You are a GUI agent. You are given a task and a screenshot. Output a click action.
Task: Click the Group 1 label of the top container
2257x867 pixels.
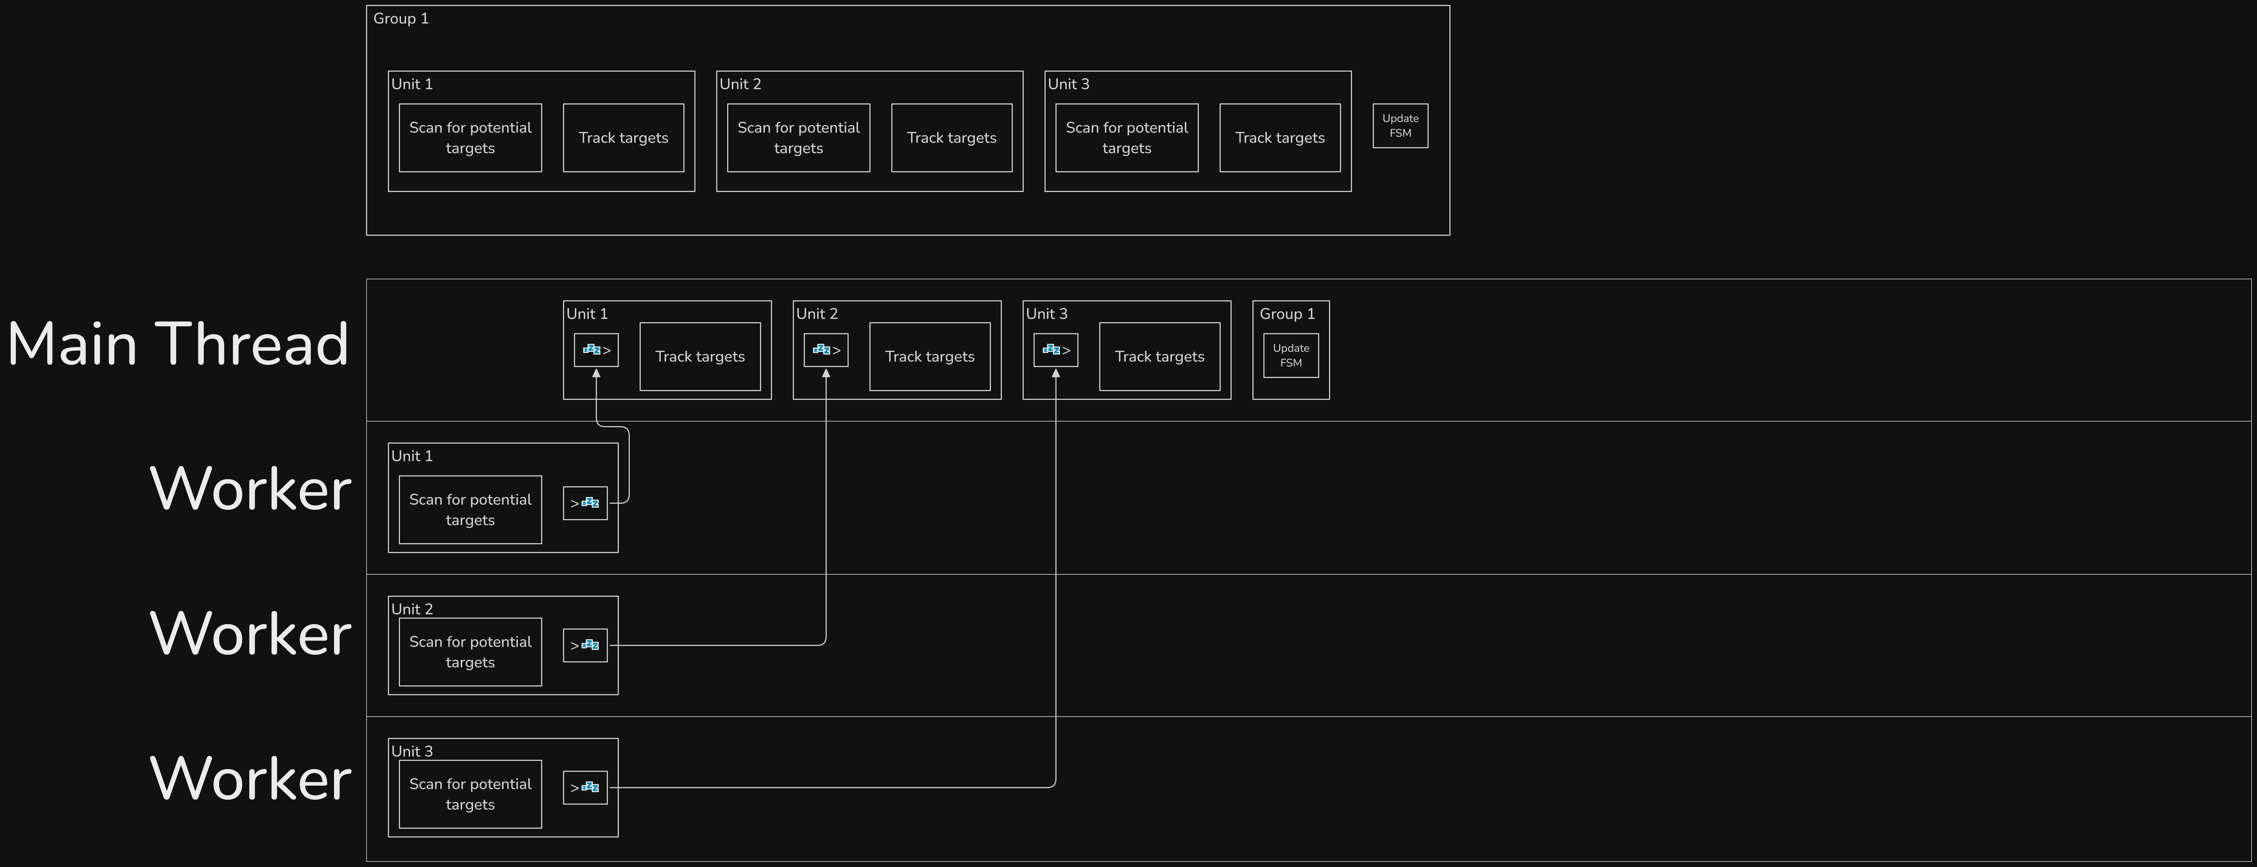[401, 18]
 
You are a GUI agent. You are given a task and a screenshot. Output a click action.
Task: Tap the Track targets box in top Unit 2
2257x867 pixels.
[951, 138]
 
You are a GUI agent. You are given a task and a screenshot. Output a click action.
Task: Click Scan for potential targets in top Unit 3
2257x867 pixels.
[1127, 138]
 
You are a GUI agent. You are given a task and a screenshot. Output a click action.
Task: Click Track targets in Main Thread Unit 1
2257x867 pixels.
[700, 356]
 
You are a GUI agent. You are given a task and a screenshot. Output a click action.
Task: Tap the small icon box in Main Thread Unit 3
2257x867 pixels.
[1056, 350]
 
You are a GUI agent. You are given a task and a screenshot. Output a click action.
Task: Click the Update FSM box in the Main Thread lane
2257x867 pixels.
[1290, 356]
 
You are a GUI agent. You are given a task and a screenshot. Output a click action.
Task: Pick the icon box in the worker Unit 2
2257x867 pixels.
[585, 645]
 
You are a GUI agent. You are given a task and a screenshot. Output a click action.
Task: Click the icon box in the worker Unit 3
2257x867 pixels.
[585, 787]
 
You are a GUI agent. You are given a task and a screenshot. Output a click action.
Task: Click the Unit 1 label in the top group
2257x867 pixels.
[412, 84]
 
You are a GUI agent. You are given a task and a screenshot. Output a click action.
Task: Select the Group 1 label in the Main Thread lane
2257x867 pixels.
[1287, 313]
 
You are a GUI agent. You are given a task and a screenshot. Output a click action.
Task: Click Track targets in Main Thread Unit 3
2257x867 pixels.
[1159, 356]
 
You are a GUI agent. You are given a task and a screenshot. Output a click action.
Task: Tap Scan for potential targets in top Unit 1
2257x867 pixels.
[471, 138]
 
